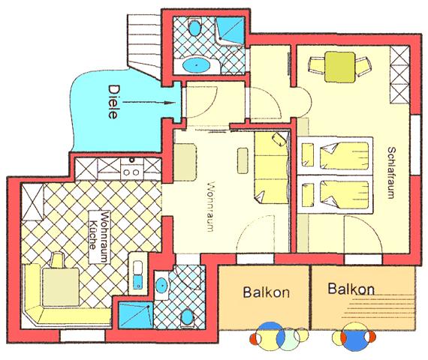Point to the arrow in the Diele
click(x=149, y=103)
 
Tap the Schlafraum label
click(x=391, y=172)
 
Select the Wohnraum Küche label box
click(x=100, y=237)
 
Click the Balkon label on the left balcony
click(x=266, y=292)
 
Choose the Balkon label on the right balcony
click(x=351, y=289)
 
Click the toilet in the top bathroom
click(x=194, y=27)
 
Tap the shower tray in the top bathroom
click(x=230, y=31)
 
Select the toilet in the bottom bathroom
click(x=187, y=318)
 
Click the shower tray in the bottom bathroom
click(x=135, y=315)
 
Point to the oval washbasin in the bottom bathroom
click(x=161, y=285)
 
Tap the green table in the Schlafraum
click(x=340, y=67)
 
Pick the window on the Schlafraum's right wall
click(x=415, y=145)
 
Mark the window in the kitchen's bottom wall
click(x=83, y=336)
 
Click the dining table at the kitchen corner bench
click(x=61, y=286)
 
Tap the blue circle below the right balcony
click(x=354, y=337)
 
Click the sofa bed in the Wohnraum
click(x=271, y=168)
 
